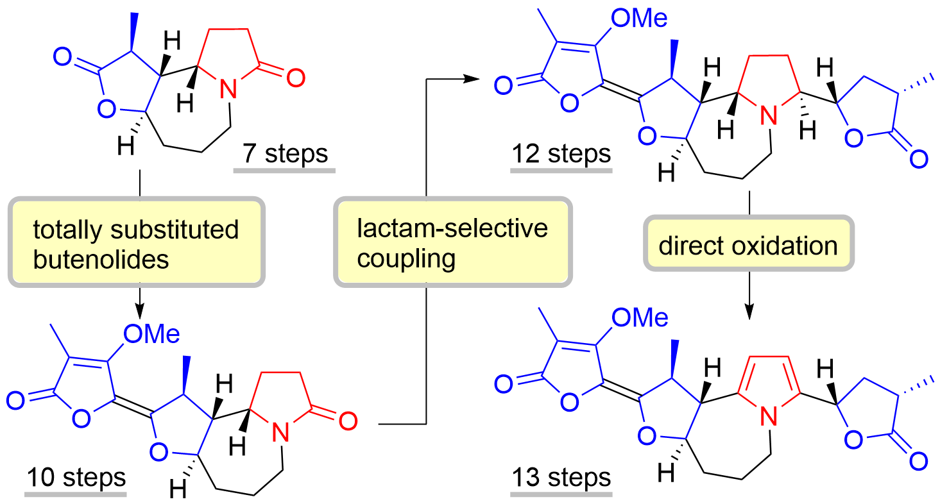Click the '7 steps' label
pos(285,155)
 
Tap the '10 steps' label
pos(75,478)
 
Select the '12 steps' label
pos(561,155)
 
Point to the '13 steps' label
pos(561,478)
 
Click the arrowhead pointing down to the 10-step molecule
pos(139,310)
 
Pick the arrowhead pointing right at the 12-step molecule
pos(472,79)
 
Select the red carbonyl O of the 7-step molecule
pos(294,79)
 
